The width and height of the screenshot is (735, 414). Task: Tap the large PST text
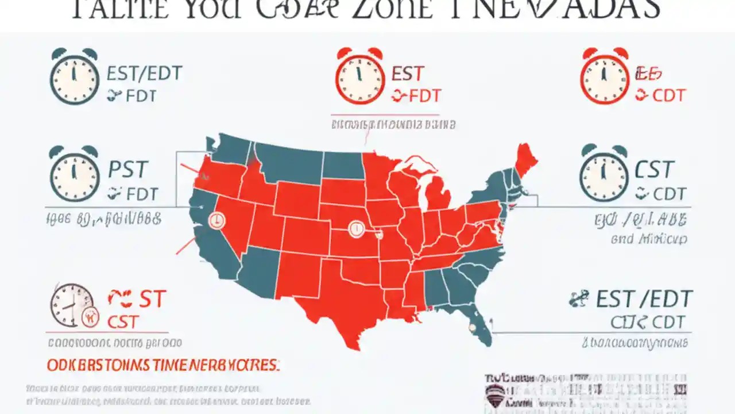click(x=128, y=170)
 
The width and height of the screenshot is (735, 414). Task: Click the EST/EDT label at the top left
click(x=144, y=74)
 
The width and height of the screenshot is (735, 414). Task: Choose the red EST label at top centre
click(x=408, y=74)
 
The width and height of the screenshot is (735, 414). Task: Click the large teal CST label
click(x=655, y=170)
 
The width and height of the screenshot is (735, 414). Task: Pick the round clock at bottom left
click(x=72, y=305)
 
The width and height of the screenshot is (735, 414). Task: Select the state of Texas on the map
click(x=339, y=305)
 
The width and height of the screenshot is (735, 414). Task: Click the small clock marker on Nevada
click(x=218, y=219)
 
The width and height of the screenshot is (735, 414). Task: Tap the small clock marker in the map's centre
click(x=356, y=229)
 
